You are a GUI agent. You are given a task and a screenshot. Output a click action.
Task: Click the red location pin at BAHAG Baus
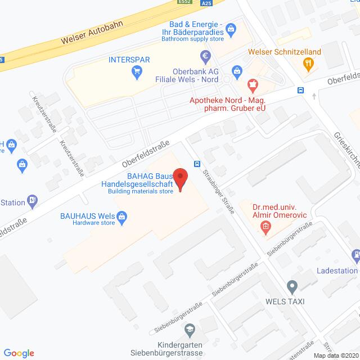coord(180,179)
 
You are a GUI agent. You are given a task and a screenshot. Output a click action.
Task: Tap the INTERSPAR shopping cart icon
coord(136,71)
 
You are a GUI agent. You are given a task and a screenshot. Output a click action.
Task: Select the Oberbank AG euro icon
coord(205,56)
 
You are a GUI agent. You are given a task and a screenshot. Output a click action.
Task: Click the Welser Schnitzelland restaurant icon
coord(308,64)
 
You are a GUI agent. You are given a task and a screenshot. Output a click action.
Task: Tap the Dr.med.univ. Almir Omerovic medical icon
coord(264,228)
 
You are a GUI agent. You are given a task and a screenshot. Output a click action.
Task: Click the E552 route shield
coord(184,2)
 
